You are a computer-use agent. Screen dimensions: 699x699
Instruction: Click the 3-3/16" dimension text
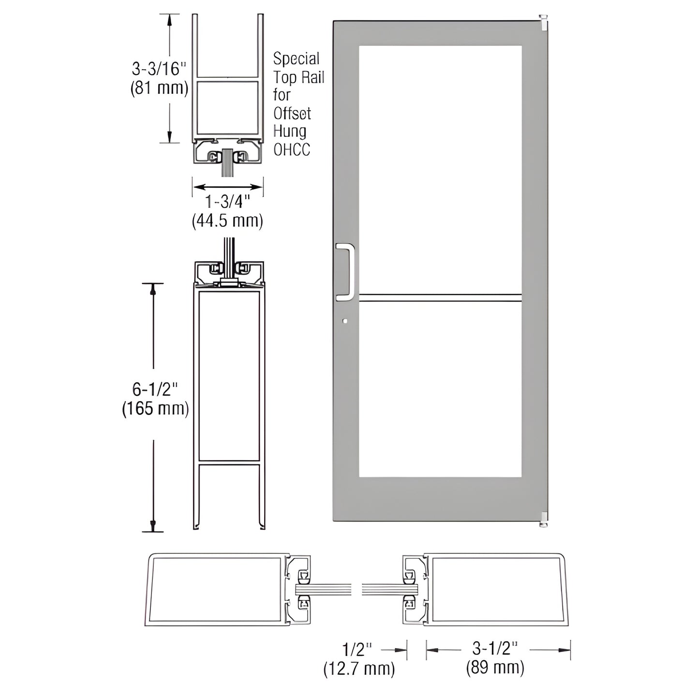(159, 69)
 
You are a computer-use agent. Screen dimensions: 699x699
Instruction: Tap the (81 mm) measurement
(159, 88)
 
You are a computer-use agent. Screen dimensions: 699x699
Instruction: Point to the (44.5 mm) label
(227, 221)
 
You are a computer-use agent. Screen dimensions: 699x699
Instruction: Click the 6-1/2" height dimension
(155, 389)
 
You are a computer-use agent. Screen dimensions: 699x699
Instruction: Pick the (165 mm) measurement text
(155, 409)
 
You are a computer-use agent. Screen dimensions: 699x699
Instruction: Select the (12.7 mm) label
(359, 669)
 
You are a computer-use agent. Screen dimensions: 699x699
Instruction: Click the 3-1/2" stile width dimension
(495, 649)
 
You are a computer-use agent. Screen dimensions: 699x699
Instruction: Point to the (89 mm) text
(495, 668)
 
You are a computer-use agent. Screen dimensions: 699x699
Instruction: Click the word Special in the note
(296, 59)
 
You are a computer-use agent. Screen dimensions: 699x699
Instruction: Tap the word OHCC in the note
(291, 150)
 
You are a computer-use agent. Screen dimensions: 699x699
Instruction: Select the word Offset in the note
(292, 114)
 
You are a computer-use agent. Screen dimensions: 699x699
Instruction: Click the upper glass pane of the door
(440, 169)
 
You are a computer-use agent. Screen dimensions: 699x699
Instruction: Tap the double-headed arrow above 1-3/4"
(227, 187)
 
